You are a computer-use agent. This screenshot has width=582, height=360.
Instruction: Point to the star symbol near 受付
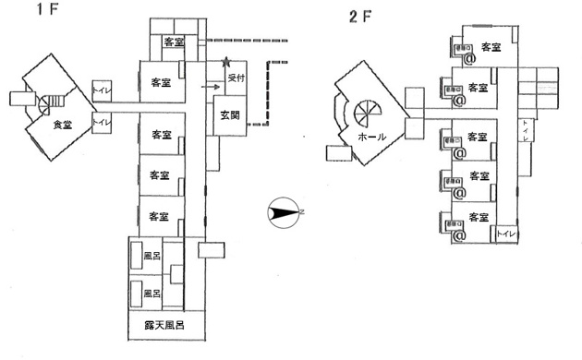(x=226, y=65)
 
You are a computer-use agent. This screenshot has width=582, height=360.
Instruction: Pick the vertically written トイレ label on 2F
(x=525, y=134)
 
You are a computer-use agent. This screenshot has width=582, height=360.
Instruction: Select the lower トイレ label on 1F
(x=101, y=121)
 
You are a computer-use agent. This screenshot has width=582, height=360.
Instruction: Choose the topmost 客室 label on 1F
(x=176, y=42)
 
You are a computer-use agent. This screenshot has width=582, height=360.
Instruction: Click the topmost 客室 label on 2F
(x=491, y=47)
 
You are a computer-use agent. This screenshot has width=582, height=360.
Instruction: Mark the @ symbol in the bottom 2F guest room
(x=459, y=234)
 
